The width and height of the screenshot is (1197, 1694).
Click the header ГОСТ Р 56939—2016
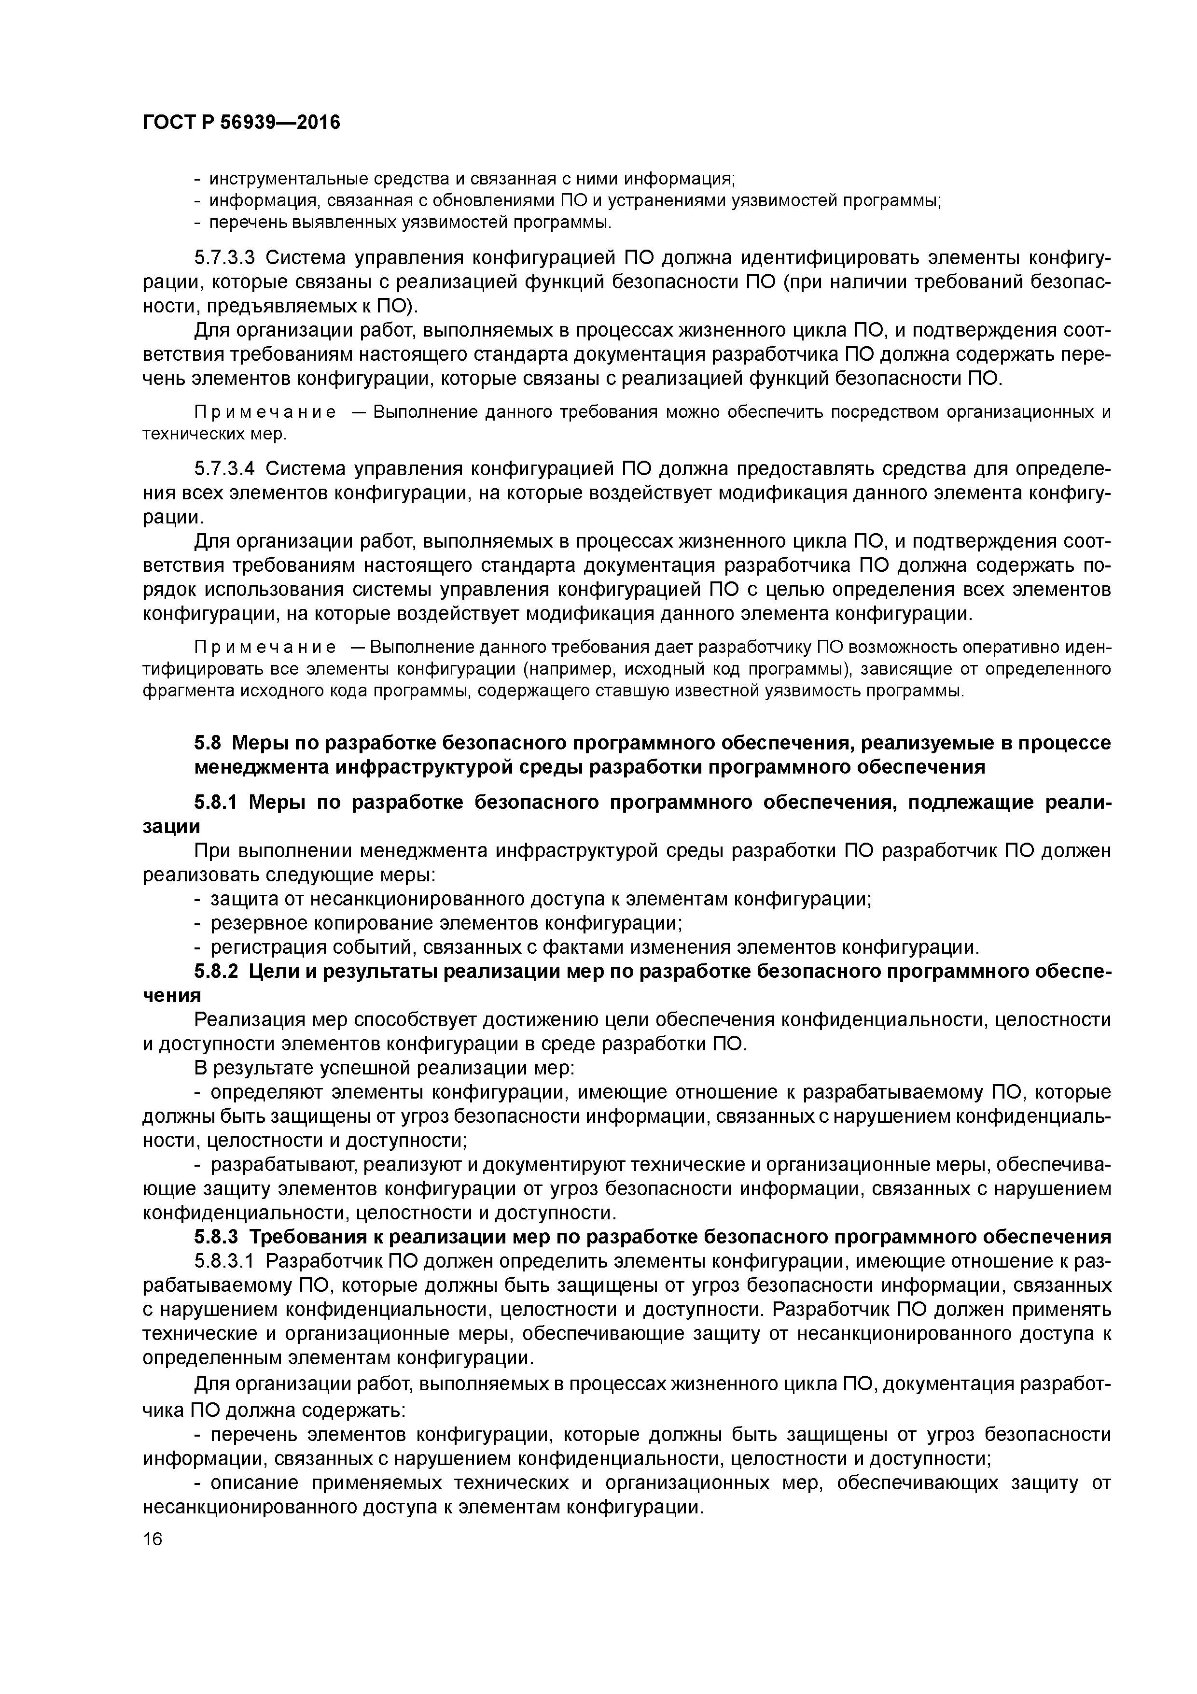point(241,122)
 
